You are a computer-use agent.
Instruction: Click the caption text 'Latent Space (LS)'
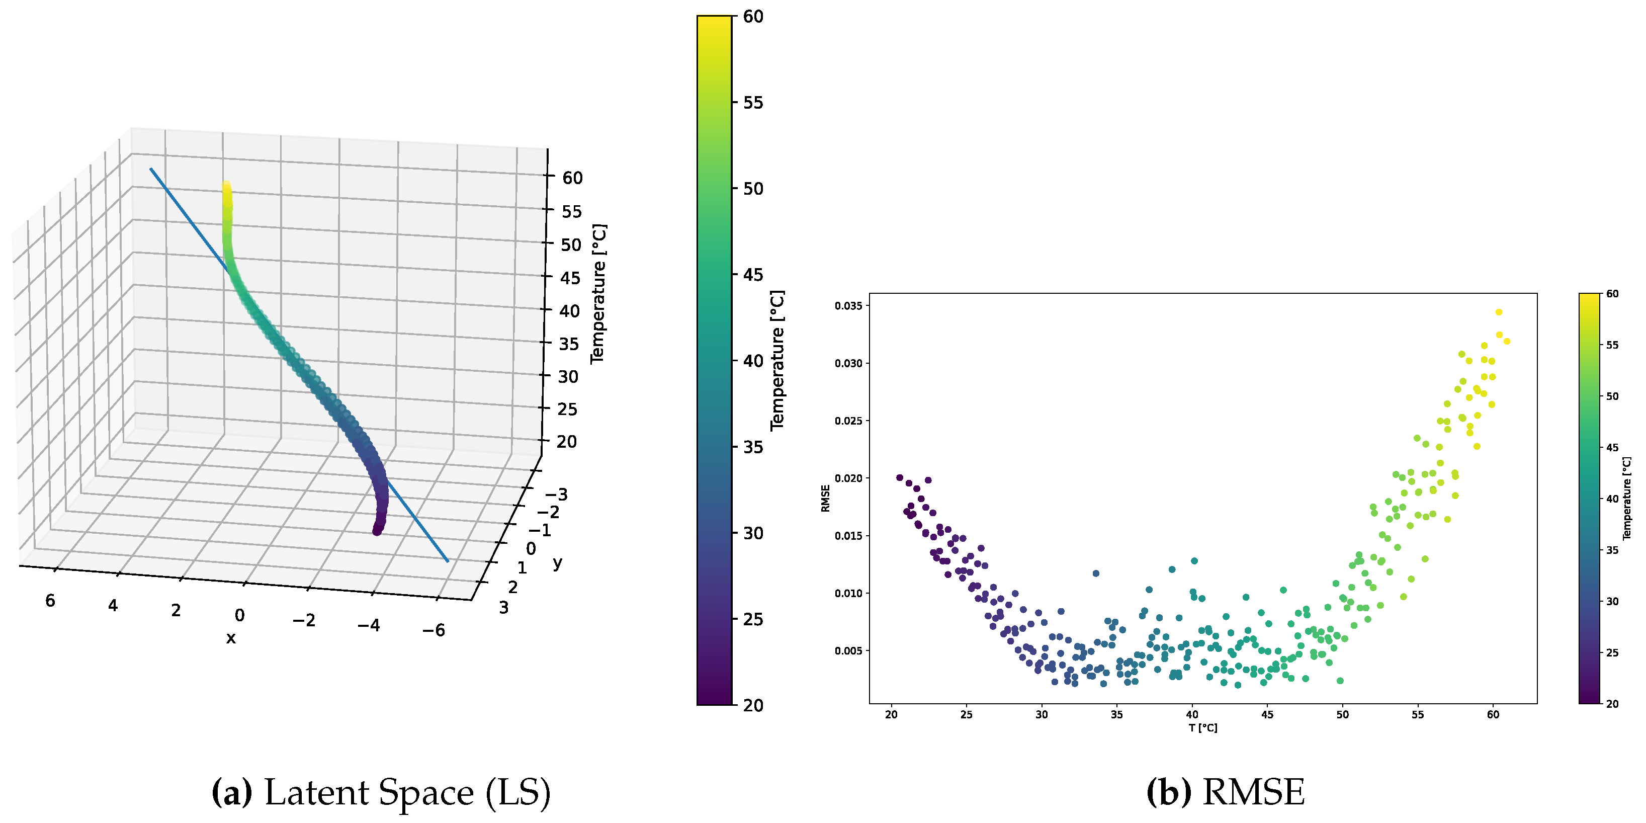[x=407, y=792]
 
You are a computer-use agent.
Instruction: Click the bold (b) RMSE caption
[x=1225, y=792]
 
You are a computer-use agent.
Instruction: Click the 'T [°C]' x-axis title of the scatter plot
[x=1202, y=728]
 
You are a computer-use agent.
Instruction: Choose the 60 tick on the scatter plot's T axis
[x=1493, y=714]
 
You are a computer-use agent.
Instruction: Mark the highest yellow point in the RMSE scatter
[x=1498, y=312]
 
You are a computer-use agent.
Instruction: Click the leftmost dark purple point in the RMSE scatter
[x=900, y=478]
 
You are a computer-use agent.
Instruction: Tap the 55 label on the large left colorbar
[x=753, y=103]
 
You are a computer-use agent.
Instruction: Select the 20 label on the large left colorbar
[x=753, y=705]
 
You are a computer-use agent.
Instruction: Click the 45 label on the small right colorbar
[x=1612, y=448]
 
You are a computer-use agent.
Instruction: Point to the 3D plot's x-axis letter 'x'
[x=231, y=638]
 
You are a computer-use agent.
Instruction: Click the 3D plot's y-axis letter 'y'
[x=558, y=562]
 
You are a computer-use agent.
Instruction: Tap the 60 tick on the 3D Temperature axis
[x=572, y=178]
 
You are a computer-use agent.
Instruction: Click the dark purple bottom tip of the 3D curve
[x=377, y=530]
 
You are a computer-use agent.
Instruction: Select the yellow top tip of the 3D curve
[x=226, y=186]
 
